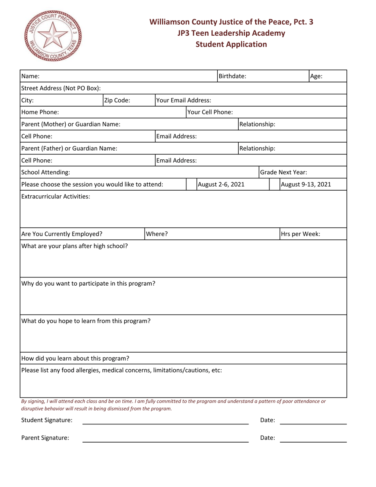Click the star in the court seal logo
(x=54, y=35)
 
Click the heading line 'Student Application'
(x=231, y=44)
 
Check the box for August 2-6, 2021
(x=192, y=184)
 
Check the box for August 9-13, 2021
(x=274, y=184)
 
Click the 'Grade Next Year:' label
(x=283, y=172)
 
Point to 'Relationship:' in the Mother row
(x=258, y=124)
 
